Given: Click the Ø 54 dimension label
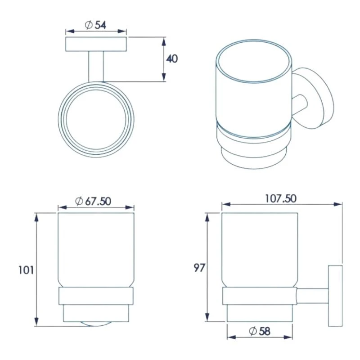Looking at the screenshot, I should point(95,26).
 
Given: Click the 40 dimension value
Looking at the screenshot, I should point(172,59).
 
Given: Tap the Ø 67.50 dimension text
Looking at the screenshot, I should point(94,201).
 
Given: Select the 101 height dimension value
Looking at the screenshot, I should point(25,270).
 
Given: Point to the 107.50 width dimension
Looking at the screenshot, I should point(281,198).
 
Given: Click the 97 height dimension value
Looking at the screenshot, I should point(199,268).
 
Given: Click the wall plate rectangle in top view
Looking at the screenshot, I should point(96,45).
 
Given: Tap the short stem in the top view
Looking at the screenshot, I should point(96,67).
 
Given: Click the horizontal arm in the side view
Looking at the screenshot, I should point(312,296).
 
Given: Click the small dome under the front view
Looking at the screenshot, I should point(96,323).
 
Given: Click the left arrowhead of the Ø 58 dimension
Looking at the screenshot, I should point(230,337).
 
